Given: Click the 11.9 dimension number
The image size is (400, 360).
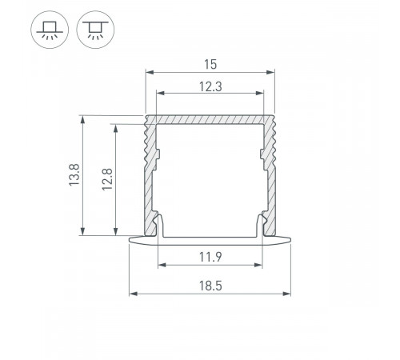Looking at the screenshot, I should pos(210,257).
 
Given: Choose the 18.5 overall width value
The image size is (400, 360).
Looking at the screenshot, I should pos(210,285).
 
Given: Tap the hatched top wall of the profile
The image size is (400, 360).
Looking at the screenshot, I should pos(210,119).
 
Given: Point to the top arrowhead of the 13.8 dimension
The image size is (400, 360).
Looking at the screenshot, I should pos(83,118).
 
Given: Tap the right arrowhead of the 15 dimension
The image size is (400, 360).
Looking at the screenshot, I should pos(270,72).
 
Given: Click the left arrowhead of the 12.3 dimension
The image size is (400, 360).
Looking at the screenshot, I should pos(159,94).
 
